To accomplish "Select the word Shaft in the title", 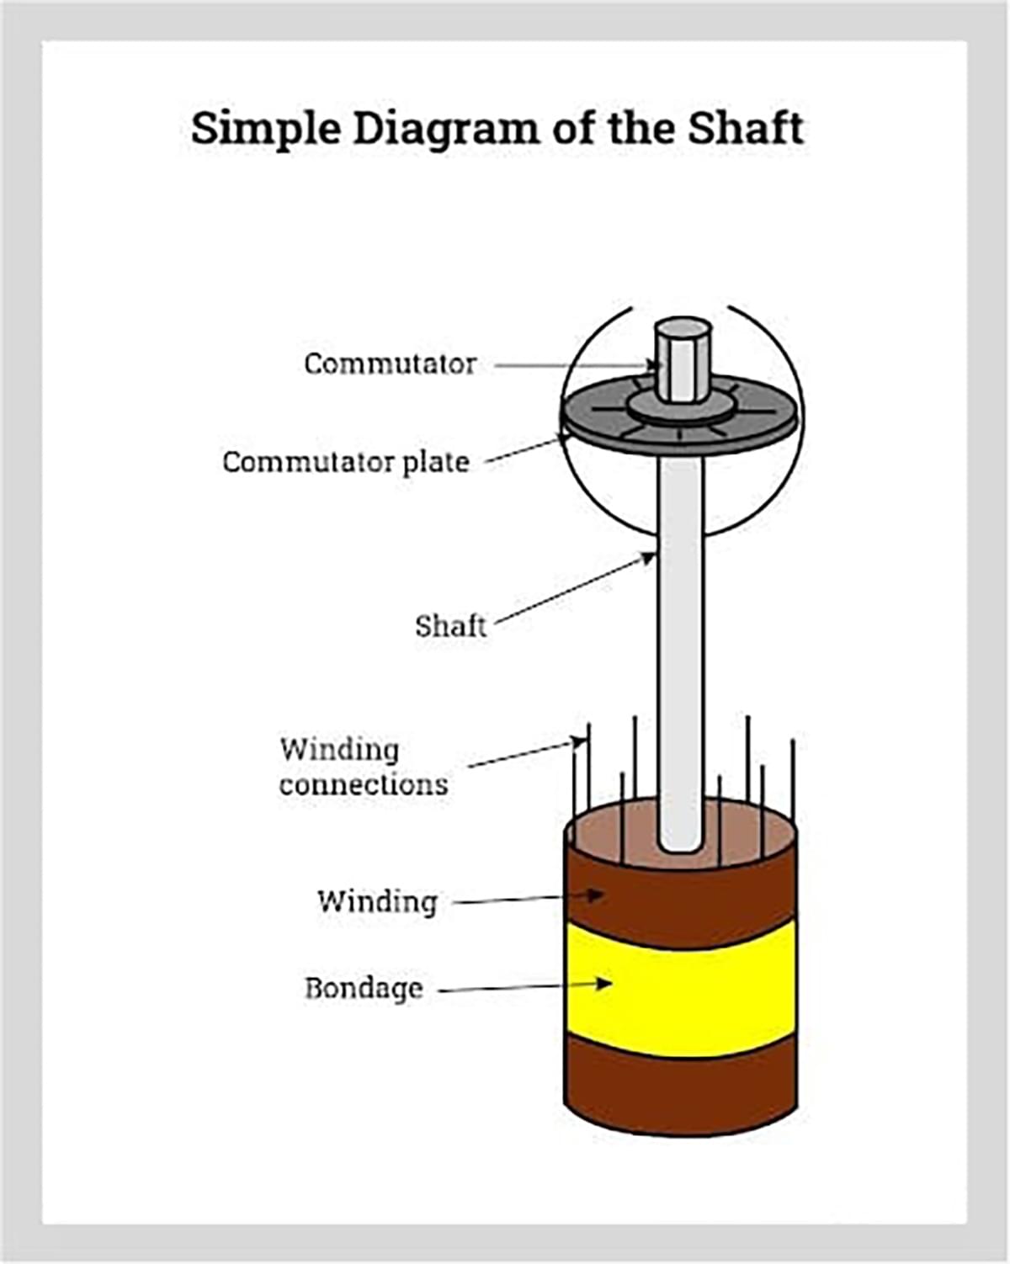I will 745,129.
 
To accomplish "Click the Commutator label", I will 390,364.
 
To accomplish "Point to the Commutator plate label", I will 345,462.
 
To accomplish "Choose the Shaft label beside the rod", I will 450,626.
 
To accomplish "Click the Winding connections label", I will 363,767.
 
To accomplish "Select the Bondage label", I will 364,988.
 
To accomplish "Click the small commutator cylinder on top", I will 683,360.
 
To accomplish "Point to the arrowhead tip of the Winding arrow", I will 603,895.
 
